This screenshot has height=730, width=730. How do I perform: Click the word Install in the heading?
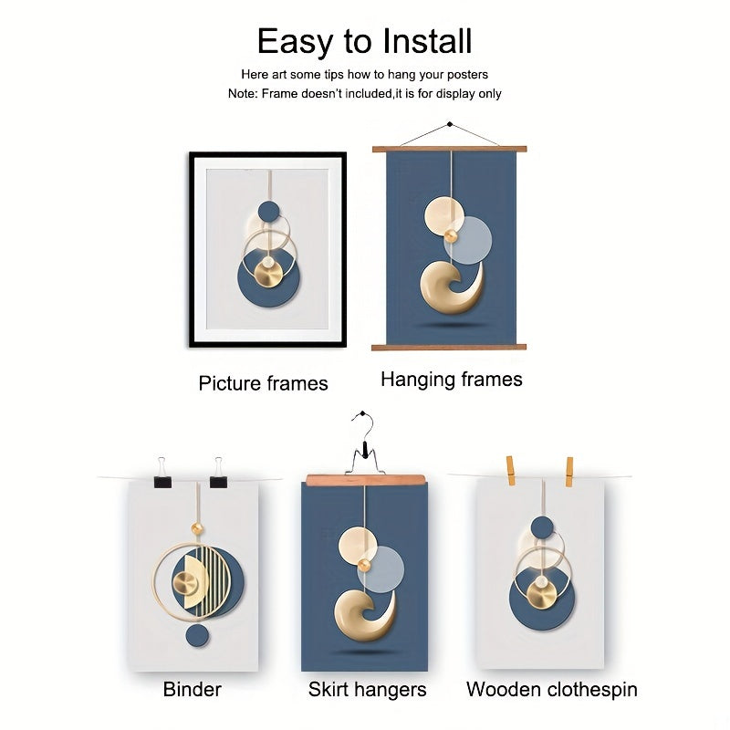click(x=427, y=41)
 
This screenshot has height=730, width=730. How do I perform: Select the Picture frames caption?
click(x=263, y=383)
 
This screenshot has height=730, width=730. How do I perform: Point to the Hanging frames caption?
click(x=452, y=380)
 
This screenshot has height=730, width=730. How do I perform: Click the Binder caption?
click(x=192, y=690)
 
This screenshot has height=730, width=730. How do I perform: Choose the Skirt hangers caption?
click(x=367, y=690)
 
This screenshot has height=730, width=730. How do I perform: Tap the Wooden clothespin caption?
click(x=552, y=690)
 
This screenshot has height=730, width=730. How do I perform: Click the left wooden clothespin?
click(x=510, y=471)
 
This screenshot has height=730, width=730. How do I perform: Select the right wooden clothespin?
click(x=568, y=472)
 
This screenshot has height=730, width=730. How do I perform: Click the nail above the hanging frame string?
click(x=449, y=124)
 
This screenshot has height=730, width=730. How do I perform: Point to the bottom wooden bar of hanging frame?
click(x=449, y=348)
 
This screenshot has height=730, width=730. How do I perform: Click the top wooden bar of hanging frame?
click(x=449, y=150)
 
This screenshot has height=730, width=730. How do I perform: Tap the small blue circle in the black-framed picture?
click(x=269, y=212)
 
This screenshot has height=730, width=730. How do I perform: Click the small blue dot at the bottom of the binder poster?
click(x=197, y=635)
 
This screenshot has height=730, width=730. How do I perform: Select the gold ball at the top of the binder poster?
click(x=197, y=528)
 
